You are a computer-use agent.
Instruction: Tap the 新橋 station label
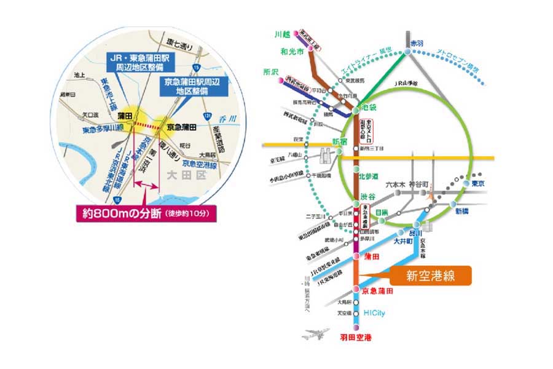[461, 211]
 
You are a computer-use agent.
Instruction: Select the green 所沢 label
[268, 71]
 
